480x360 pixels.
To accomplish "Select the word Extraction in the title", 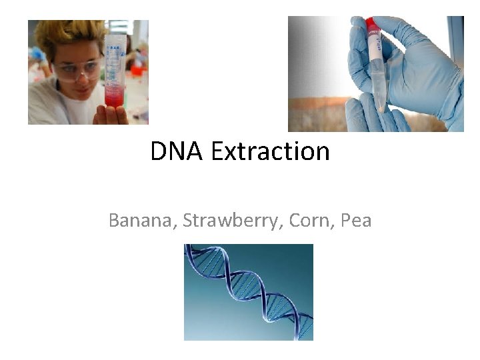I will click(x=270, y=152).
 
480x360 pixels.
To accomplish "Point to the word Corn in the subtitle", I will click(x=311, y=220).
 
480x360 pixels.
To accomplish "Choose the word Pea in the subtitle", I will click(x=355, y=220).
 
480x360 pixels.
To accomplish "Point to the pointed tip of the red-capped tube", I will click(x=380, y=107).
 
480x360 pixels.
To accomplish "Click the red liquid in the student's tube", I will click(x=114, y=97).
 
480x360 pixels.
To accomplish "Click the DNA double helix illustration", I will click(x=248, y=292).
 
